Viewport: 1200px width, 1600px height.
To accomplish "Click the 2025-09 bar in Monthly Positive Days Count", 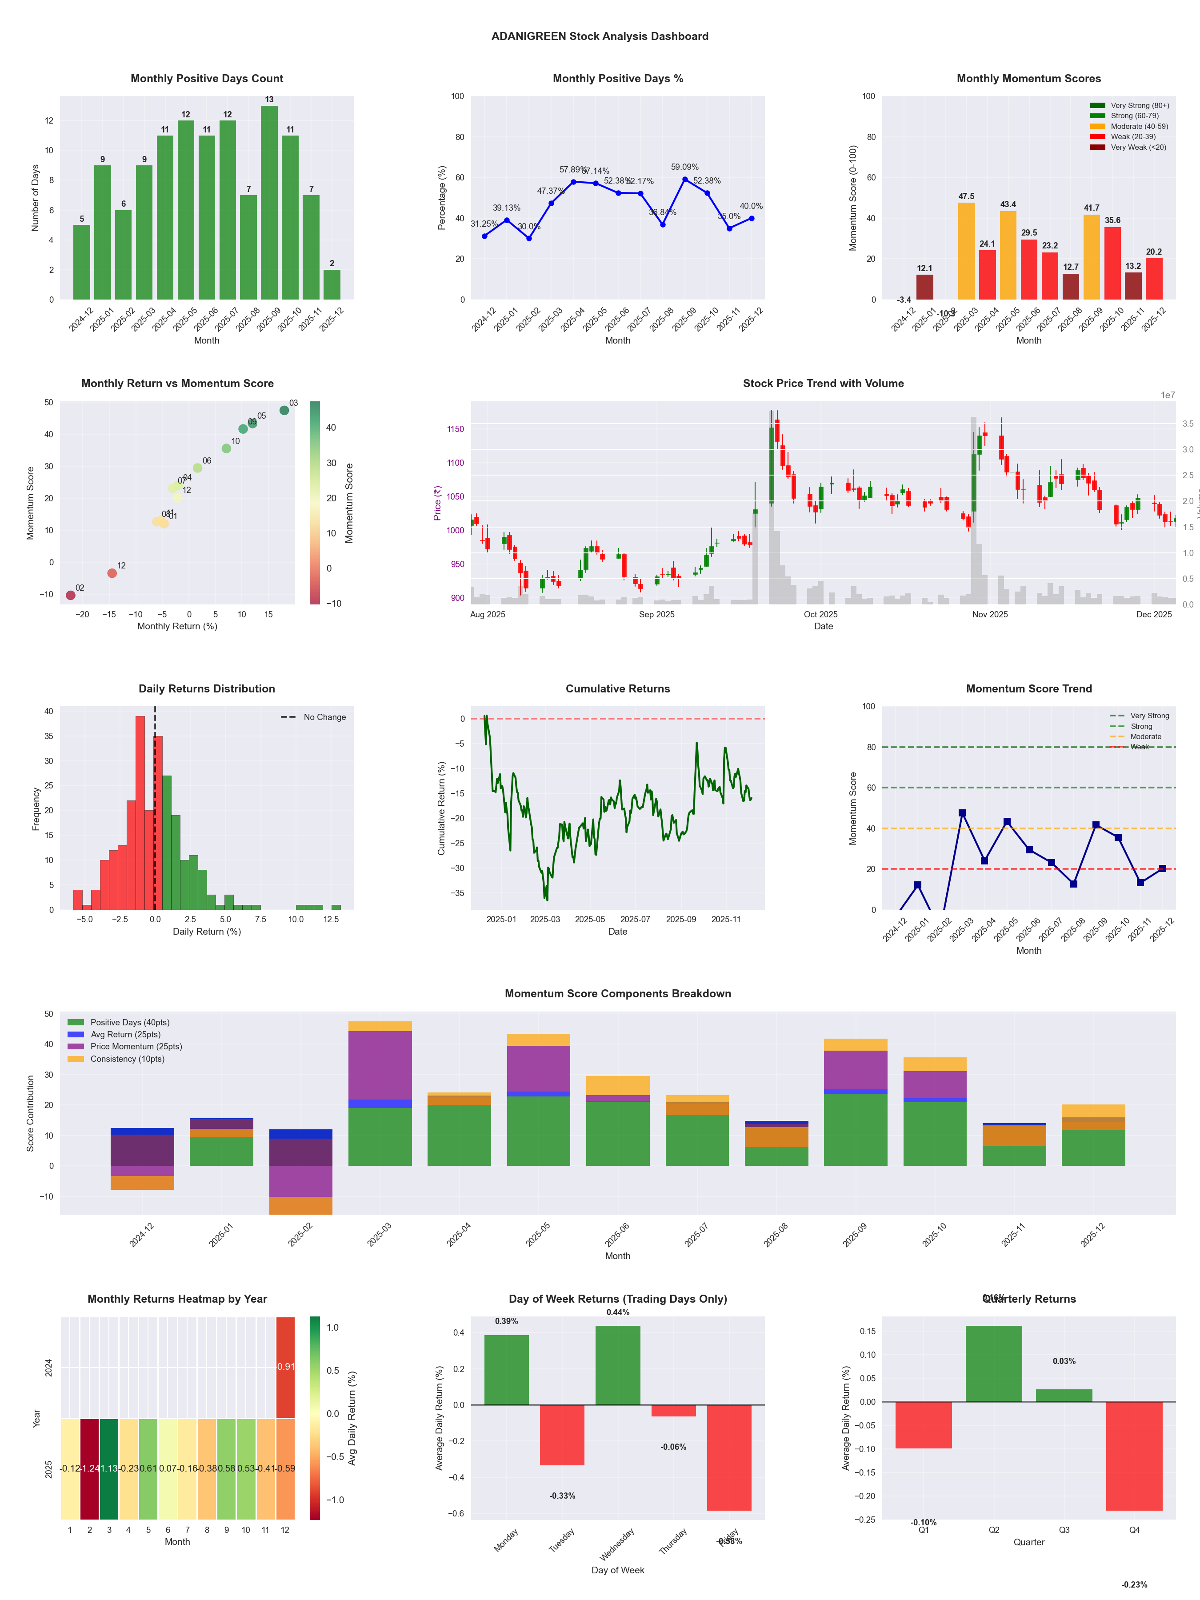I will click(x=269, y=203).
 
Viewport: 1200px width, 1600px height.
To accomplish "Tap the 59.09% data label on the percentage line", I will click(x=684, y=167).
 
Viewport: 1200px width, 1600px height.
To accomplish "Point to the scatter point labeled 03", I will click(x=284, y=410).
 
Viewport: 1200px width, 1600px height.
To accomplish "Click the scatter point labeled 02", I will click(x=70, y=595).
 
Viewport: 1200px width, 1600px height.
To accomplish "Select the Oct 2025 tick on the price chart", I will click(x=820, y=615).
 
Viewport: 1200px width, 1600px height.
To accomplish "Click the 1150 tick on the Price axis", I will click(x=455, y=429).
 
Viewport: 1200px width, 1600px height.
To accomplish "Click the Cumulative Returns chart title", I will click(x=618, y=688).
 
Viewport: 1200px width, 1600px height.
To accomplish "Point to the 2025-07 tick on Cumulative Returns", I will click(x=635, y=920).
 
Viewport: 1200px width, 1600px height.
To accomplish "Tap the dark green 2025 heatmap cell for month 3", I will click(x=109, y=1468).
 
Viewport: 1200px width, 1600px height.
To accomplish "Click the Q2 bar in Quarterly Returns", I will click(x=994, y=1364).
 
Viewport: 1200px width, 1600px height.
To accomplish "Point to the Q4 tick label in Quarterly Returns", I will click(x=1134, y=1530).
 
